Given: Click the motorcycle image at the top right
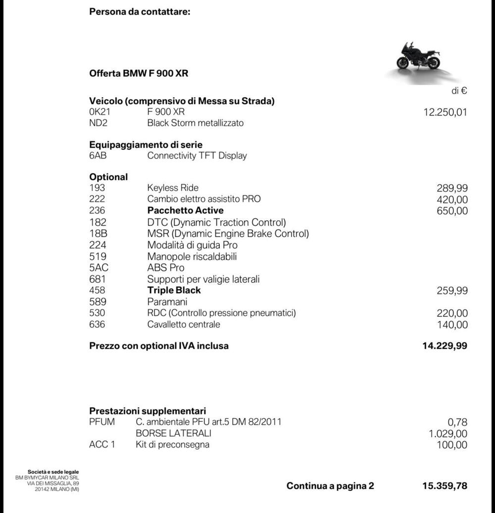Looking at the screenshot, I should [x=418, y=57].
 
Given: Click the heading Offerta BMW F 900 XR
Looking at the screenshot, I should [x=139, y=74].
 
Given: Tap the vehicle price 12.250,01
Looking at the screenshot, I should [x=445, y=112].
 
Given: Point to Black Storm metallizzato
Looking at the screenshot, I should [x=195, y=123].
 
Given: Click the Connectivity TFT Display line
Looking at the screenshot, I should [x=197, y=155].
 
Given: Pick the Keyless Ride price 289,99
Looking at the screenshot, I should [x=452, y=188].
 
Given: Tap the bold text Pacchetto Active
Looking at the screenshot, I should [x=185, y=210].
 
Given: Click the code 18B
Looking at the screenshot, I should [x=98, y=233].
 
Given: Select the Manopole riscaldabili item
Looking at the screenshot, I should [x=192, y=256].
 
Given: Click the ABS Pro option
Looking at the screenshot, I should [x=166, y=268].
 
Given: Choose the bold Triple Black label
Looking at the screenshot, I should [x=174, y=290].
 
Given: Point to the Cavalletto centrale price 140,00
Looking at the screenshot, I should [x=452, y=325].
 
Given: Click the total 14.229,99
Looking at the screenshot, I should [x=445, y=346].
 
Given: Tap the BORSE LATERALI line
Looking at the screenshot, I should [x=173, y=433].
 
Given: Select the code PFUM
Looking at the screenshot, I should [x=102, y=422].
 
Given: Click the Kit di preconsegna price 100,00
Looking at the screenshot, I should [x=452, y=445].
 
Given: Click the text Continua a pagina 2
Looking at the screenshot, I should [x=330, y=486].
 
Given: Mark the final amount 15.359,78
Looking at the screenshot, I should [x=445, y=486].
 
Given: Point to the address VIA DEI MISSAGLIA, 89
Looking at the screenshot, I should [x=53, y=483].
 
